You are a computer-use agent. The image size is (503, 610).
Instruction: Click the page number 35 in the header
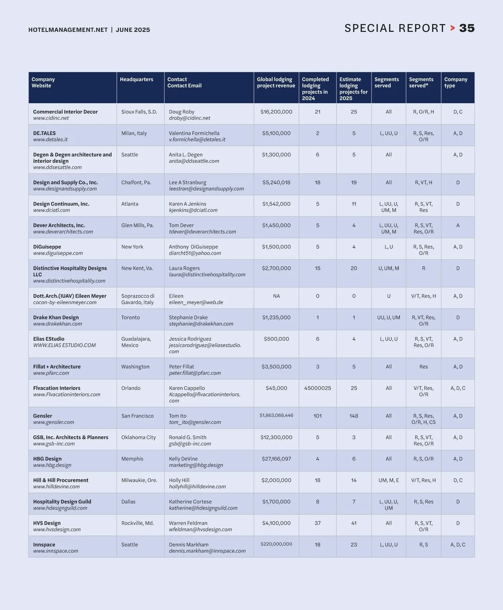pos(467,28)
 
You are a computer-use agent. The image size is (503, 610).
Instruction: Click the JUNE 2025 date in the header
pos(133,30)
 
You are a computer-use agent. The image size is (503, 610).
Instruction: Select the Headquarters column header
pos(136,79)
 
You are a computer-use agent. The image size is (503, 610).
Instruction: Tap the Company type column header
pos(456,82)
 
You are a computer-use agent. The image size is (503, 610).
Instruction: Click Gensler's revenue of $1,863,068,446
pos(276,415)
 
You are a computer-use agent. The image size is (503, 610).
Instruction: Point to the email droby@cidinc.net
pos(189,118)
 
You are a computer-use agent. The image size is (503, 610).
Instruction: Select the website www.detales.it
pos(50,140)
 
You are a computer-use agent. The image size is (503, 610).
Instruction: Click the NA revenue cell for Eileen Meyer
pos(276,296)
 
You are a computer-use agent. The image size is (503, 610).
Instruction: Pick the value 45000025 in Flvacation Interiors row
pos(317,388)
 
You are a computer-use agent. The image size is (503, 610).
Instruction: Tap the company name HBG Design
pos(47,459)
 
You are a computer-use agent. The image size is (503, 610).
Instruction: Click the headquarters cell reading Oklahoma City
pos(138,437)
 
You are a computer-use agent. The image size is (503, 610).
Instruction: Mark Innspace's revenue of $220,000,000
pos(276,544)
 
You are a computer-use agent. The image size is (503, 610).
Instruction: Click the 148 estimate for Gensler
pos(354,416)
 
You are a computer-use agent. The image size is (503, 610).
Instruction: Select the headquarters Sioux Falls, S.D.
pos(139,112)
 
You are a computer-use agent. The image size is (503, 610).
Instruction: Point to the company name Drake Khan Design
pos(56,318)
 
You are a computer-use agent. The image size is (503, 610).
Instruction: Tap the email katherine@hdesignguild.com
pos(203,508)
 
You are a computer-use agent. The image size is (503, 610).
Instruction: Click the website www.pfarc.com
pos(51,373)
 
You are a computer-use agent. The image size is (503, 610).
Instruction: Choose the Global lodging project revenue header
pos(276,82)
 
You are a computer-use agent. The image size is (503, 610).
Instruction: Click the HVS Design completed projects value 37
pos(317,523)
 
